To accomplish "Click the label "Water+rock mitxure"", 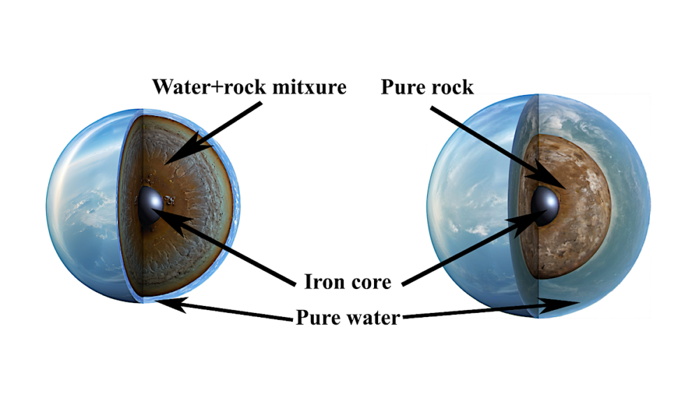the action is (x=250, y=87).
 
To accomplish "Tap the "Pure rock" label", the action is (x=427, y=87).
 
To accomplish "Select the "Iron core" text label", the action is (x=347, y=282).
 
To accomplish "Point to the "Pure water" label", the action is (x=347, y=318).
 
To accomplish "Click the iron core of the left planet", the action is (x=150, y=206).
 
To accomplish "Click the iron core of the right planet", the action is (x=545, y=206).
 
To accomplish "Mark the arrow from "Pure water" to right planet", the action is (x=491, y=309).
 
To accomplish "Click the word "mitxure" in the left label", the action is (x=310, y=87).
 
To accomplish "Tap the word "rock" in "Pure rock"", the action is (x=450, y=87).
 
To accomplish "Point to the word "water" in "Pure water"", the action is (x=374, y=318).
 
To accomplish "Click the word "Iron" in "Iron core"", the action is (x=323, y=282).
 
